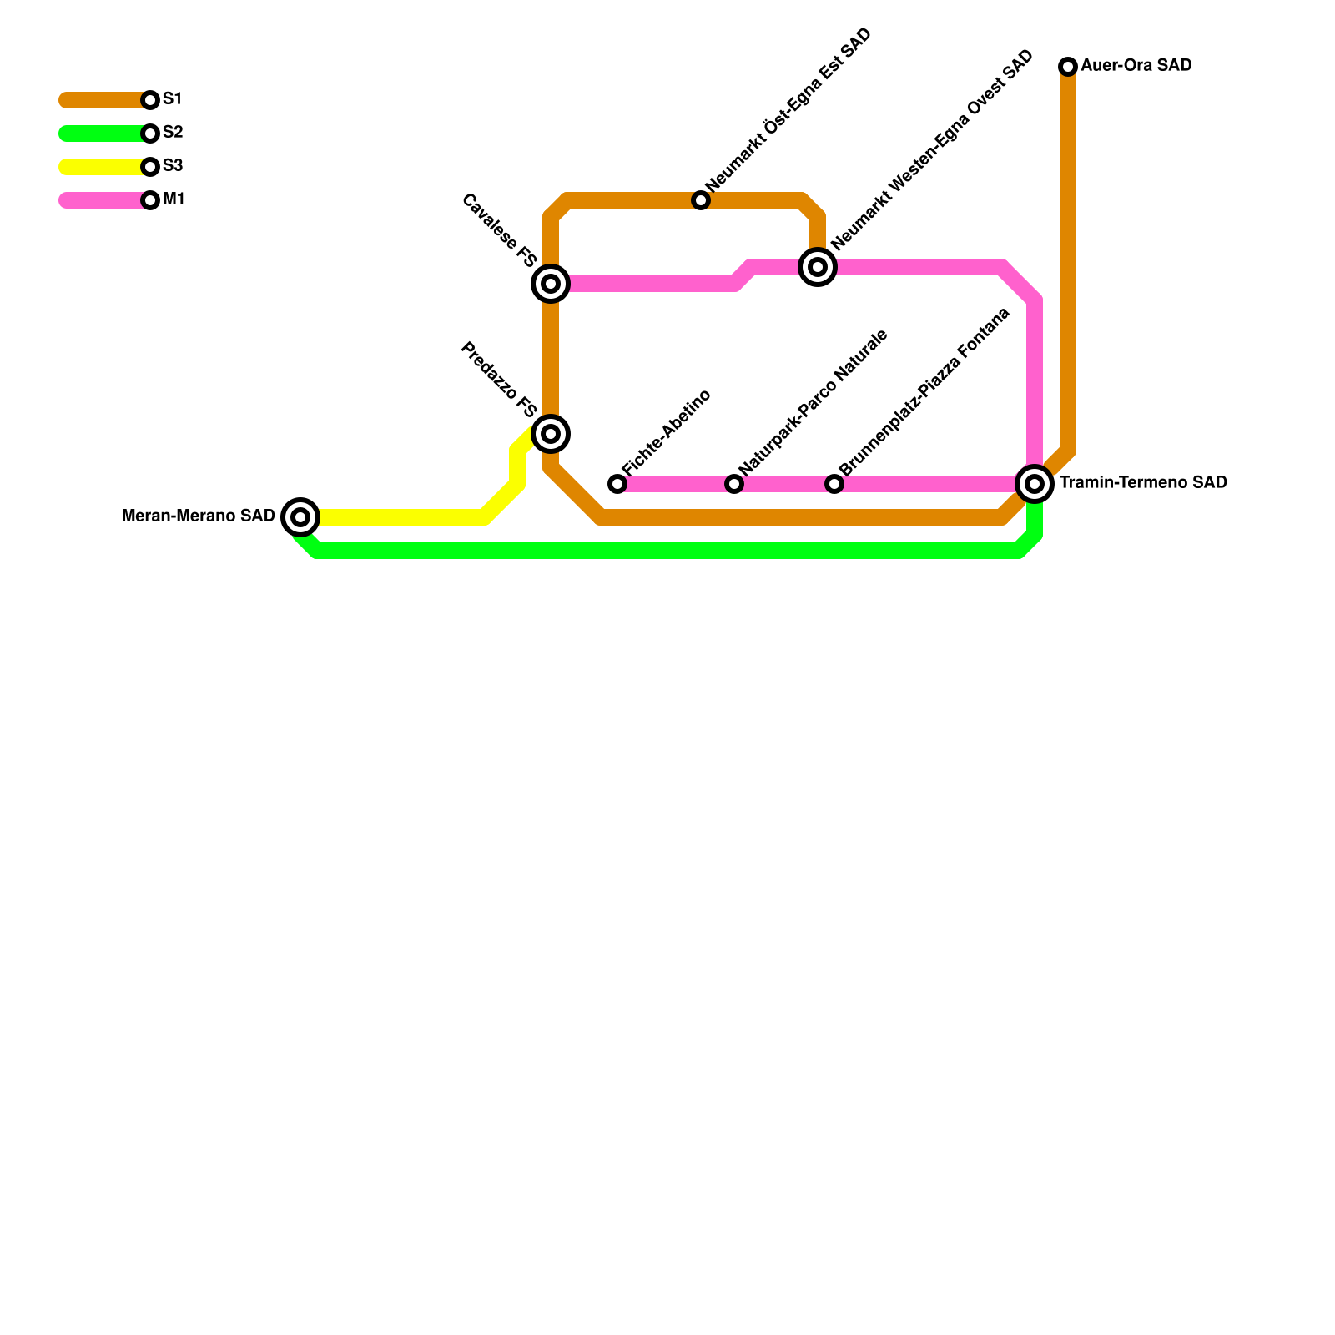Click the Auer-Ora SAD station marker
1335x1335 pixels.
click(x=1068, y=67)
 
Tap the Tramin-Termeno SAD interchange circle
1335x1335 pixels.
click(x=1035, y=484)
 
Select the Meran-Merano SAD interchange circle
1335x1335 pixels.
click(x=300, y=517)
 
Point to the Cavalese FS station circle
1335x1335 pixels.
click(x=551, y=284)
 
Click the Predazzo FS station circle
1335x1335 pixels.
click(x=551, y=434)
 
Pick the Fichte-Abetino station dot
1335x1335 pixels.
click(x=617, y=484)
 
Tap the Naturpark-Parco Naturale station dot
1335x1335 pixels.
click(x=734, y=484)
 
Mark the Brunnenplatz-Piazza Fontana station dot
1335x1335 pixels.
click(x=834, y=484)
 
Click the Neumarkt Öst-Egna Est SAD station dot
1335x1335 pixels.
click(x=701, y=200)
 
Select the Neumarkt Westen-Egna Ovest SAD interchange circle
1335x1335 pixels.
click(x=818, y=267)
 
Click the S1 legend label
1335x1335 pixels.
click(x=173, y=99)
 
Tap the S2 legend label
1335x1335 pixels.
click(x=173, y=133)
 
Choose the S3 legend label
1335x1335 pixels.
click(x=173, y=166)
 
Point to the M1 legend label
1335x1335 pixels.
click(x=174, y=199)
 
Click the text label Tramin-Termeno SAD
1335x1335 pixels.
click(x=1143, y=483)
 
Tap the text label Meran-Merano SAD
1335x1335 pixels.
click(x=199, y=516)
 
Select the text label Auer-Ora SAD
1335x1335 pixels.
click(x=1136, y=66)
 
